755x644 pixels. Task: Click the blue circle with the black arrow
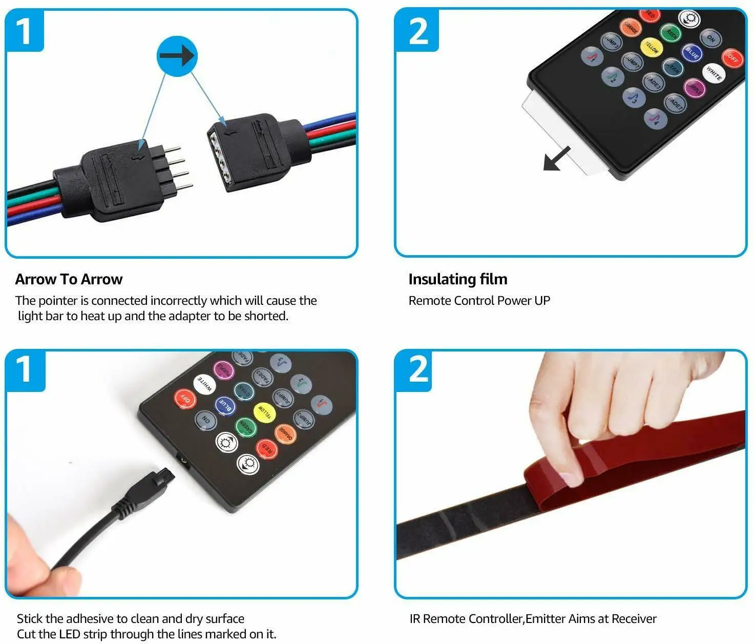pos(177,56)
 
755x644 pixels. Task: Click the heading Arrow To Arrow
pos(69,279)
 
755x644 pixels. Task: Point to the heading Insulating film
pos(457,279)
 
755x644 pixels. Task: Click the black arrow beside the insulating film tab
pos(557,158)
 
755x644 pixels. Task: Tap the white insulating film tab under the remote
pos(558,131)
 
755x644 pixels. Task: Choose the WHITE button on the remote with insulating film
pos(714,73)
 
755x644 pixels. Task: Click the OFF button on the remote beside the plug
pos(185,399)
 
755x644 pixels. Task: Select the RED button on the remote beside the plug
pos(267,449)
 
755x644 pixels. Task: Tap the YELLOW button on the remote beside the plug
pos(264,413)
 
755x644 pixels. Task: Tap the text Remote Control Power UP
pos(479,301)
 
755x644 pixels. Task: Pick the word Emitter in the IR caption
pos(547,619)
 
